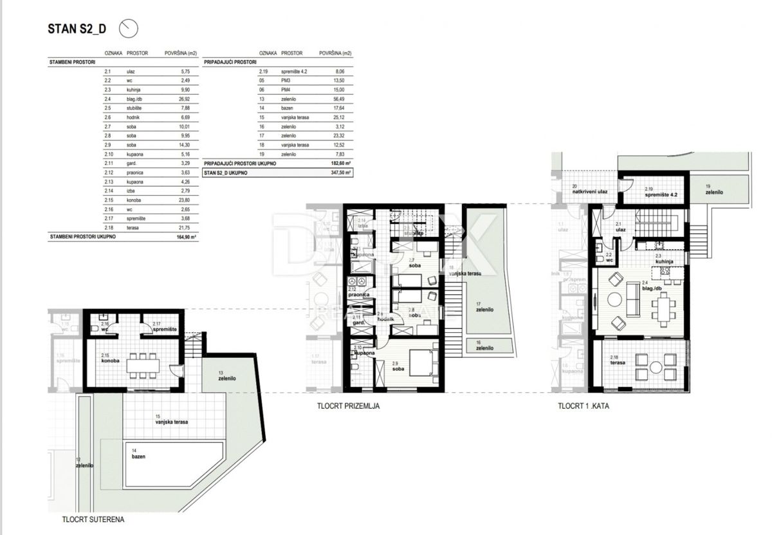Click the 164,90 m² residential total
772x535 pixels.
[x=186, y=237]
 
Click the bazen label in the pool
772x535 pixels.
[x=138, y=456]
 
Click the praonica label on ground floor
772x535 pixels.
[x=358, y=294]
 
